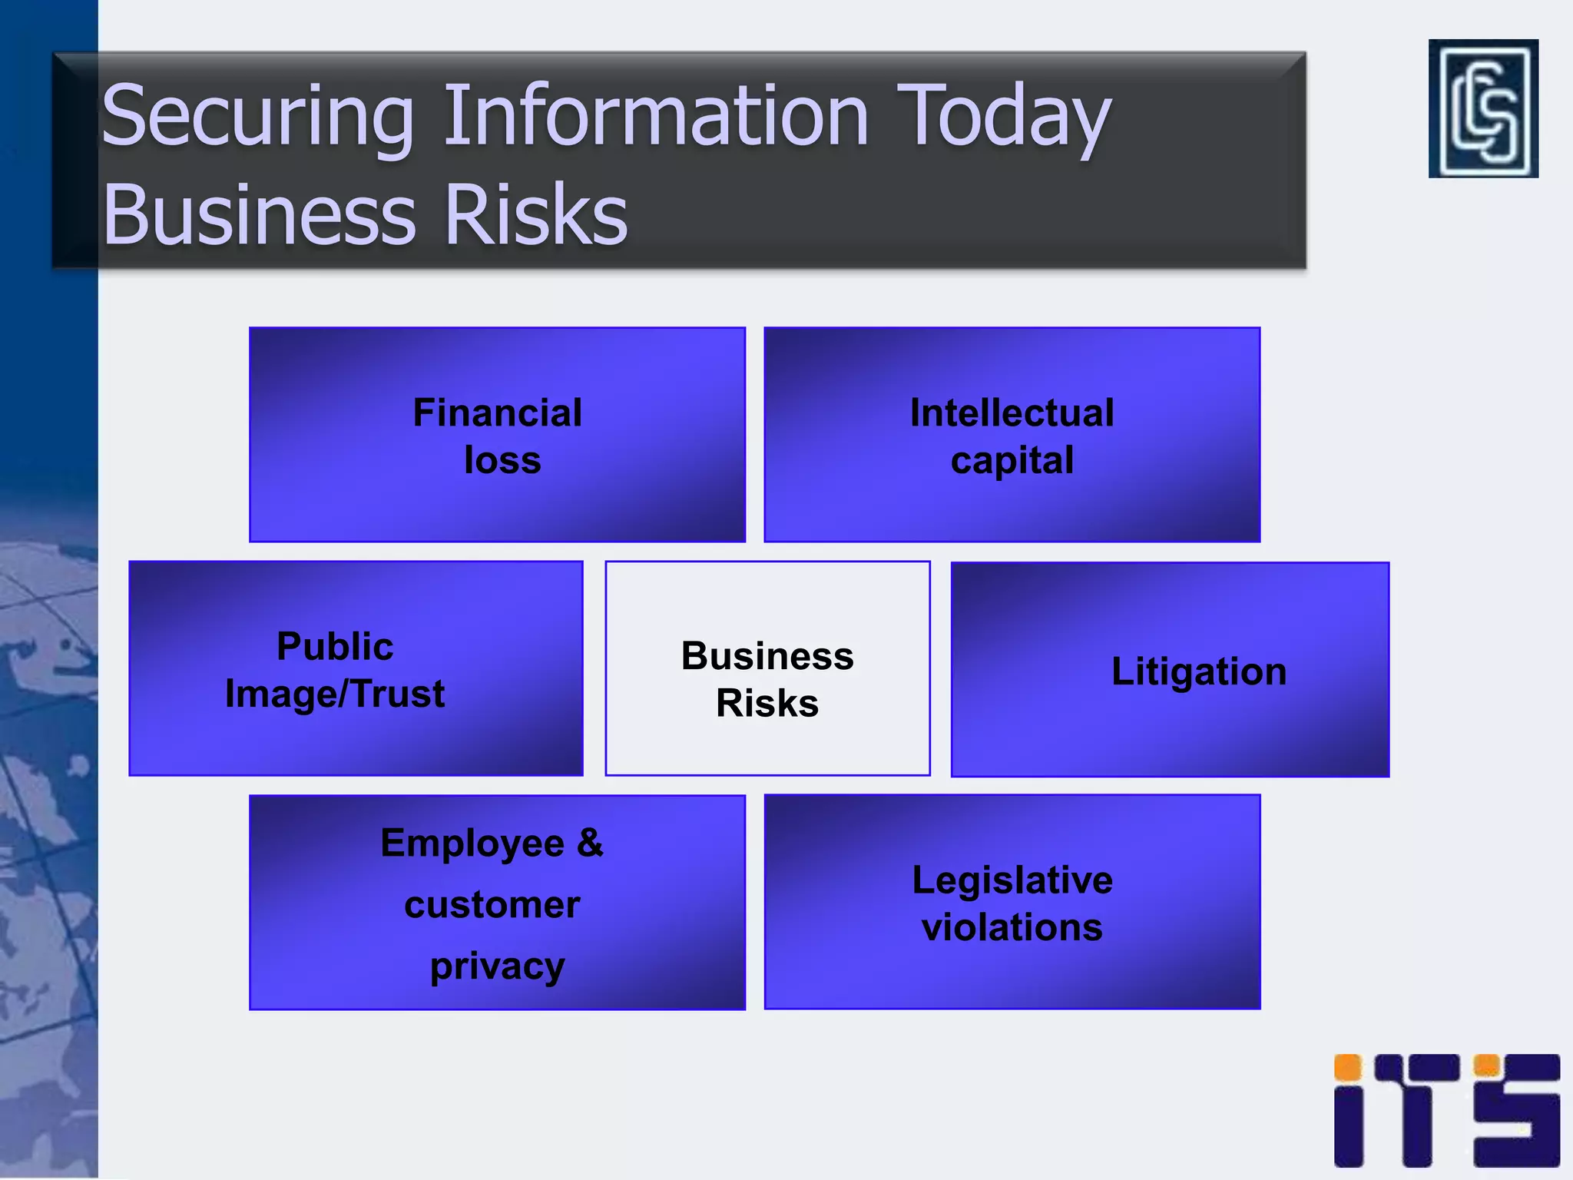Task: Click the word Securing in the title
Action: (257, 117)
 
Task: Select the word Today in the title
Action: (1003, 117)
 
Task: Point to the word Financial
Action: (497, 413)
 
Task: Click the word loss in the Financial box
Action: (502, 460)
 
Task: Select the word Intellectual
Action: (1012, 413)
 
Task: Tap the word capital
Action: (1012, 460)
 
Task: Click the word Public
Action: (335, 646)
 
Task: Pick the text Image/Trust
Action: (335, 694)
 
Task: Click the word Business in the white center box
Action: (767, 656)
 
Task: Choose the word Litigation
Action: (1199, 671)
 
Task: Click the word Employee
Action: (472, 843)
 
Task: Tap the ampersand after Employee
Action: (590, 843)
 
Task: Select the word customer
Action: (492, 904)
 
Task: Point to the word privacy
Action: (497, 966)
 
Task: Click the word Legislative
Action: (1012, 880)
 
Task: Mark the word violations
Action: (1012, 927)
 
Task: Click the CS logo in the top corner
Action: (1483, 108)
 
